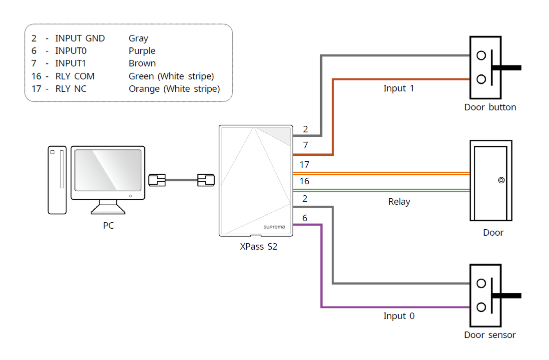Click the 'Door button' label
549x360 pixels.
490,107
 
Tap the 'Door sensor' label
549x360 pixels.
490,335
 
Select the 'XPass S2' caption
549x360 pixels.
258,246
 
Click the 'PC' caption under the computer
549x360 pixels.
108,226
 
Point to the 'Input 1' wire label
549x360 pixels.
399,88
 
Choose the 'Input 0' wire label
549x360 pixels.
399,316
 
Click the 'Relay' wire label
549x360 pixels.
399,202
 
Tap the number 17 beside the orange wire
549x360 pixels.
304,164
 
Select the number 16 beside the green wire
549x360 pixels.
304,181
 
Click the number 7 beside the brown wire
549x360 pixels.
305,145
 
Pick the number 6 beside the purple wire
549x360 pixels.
305,218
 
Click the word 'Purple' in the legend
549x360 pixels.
142,51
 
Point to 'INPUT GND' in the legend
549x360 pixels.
80,38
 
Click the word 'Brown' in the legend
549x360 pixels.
142,63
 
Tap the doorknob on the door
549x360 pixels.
501,181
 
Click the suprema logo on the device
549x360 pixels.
274,227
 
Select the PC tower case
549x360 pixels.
57,179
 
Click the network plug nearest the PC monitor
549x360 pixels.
157,180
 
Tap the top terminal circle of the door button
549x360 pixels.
481,55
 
